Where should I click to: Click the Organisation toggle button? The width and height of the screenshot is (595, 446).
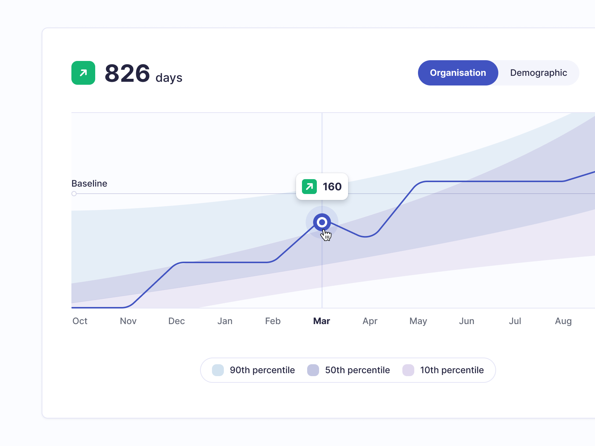(x=458, y=73)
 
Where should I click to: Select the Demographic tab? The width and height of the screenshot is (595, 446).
(x=538, y=73)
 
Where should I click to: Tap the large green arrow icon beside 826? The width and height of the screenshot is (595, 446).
(x=83, y=73)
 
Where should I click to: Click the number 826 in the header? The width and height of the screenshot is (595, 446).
(x=127, y=73)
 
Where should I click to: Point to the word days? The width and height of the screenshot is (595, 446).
(x=169, y=78)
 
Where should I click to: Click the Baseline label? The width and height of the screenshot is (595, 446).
(x=89, y=184)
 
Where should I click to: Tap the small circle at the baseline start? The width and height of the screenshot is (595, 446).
(x=74, y=194)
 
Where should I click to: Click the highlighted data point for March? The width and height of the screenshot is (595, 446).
(x=322, y=222)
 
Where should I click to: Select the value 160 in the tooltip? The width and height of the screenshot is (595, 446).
(x=332, y=187)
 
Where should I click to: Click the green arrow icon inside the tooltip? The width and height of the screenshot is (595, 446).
(x=309, y=187)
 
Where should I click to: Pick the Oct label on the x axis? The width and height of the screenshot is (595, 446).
(x=80, y=321)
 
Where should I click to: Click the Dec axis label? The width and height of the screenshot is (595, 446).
(x=177, y=321)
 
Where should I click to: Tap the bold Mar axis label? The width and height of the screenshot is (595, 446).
(x=322, y=321)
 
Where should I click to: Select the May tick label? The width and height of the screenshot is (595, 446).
(x=418, y=321)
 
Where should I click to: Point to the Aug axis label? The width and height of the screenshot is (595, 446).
(x=563, y=321)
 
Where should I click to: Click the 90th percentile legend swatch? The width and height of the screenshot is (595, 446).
(x=218, y=370)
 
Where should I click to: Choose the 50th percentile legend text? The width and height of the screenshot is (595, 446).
(x=357, y=370)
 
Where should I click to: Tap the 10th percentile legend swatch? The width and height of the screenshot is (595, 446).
(x=408, y=370)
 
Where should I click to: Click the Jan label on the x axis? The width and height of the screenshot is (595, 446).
(x=225, y=321)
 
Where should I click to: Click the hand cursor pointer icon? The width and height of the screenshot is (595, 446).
(x=326, y=235)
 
